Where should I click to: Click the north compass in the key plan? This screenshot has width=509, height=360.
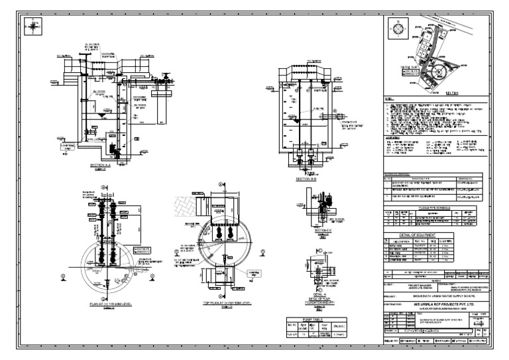[398, 28]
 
